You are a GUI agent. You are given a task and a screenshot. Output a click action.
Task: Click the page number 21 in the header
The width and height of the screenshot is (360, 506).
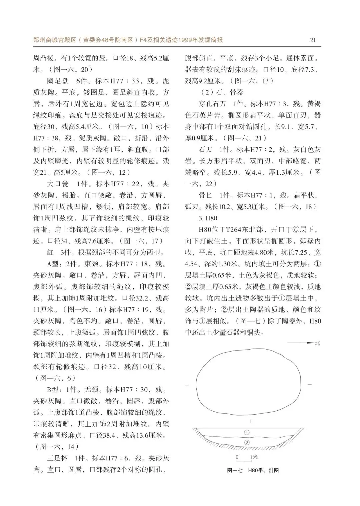pyautogui.click(x=313, y=40)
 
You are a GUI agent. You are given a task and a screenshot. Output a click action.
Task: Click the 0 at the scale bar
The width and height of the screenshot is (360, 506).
pyautogui.click(x=237, y=457)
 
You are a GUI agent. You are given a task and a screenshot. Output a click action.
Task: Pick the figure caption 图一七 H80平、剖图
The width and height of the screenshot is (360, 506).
pyautogui.click(x=253, y=470)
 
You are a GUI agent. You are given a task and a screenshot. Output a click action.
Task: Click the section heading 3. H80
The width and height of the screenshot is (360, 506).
pyautogui.click(x=208, y=218)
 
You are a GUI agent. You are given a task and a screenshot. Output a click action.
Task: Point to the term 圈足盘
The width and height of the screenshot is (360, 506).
pyautogui.click(x=58, y=81)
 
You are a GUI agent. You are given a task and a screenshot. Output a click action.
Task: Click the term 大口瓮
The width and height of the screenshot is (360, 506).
pyautogui.click(x=58, y=184)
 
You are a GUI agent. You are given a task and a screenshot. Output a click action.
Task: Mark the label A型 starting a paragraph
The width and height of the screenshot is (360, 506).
pyautogui.click(x=52, y=264)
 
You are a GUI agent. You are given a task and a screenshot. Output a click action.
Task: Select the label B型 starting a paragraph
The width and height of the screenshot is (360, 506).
pyautogui.click(x=52, y=390)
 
